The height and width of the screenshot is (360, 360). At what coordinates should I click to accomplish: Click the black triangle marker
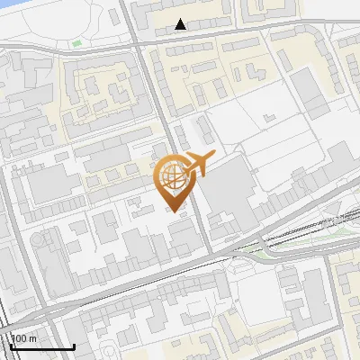click(181, 24)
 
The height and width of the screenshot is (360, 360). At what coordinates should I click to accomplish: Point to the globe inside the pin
click(171, 176)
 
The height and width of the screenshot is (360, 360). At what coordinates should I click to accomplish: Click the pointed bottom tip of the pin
click(174, 211)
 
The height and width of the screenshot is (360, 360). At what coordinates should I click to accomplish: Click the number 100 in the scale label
click(20, 338)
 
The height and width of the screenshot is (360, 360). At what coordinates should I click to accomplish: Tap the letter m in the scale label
click(32, 338)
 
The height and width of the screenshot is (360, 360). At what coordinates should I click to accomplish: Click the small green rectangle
click(76, 42)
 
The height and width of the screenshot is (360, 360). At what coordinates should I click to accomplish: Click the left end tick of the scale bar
click(11, 346)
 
